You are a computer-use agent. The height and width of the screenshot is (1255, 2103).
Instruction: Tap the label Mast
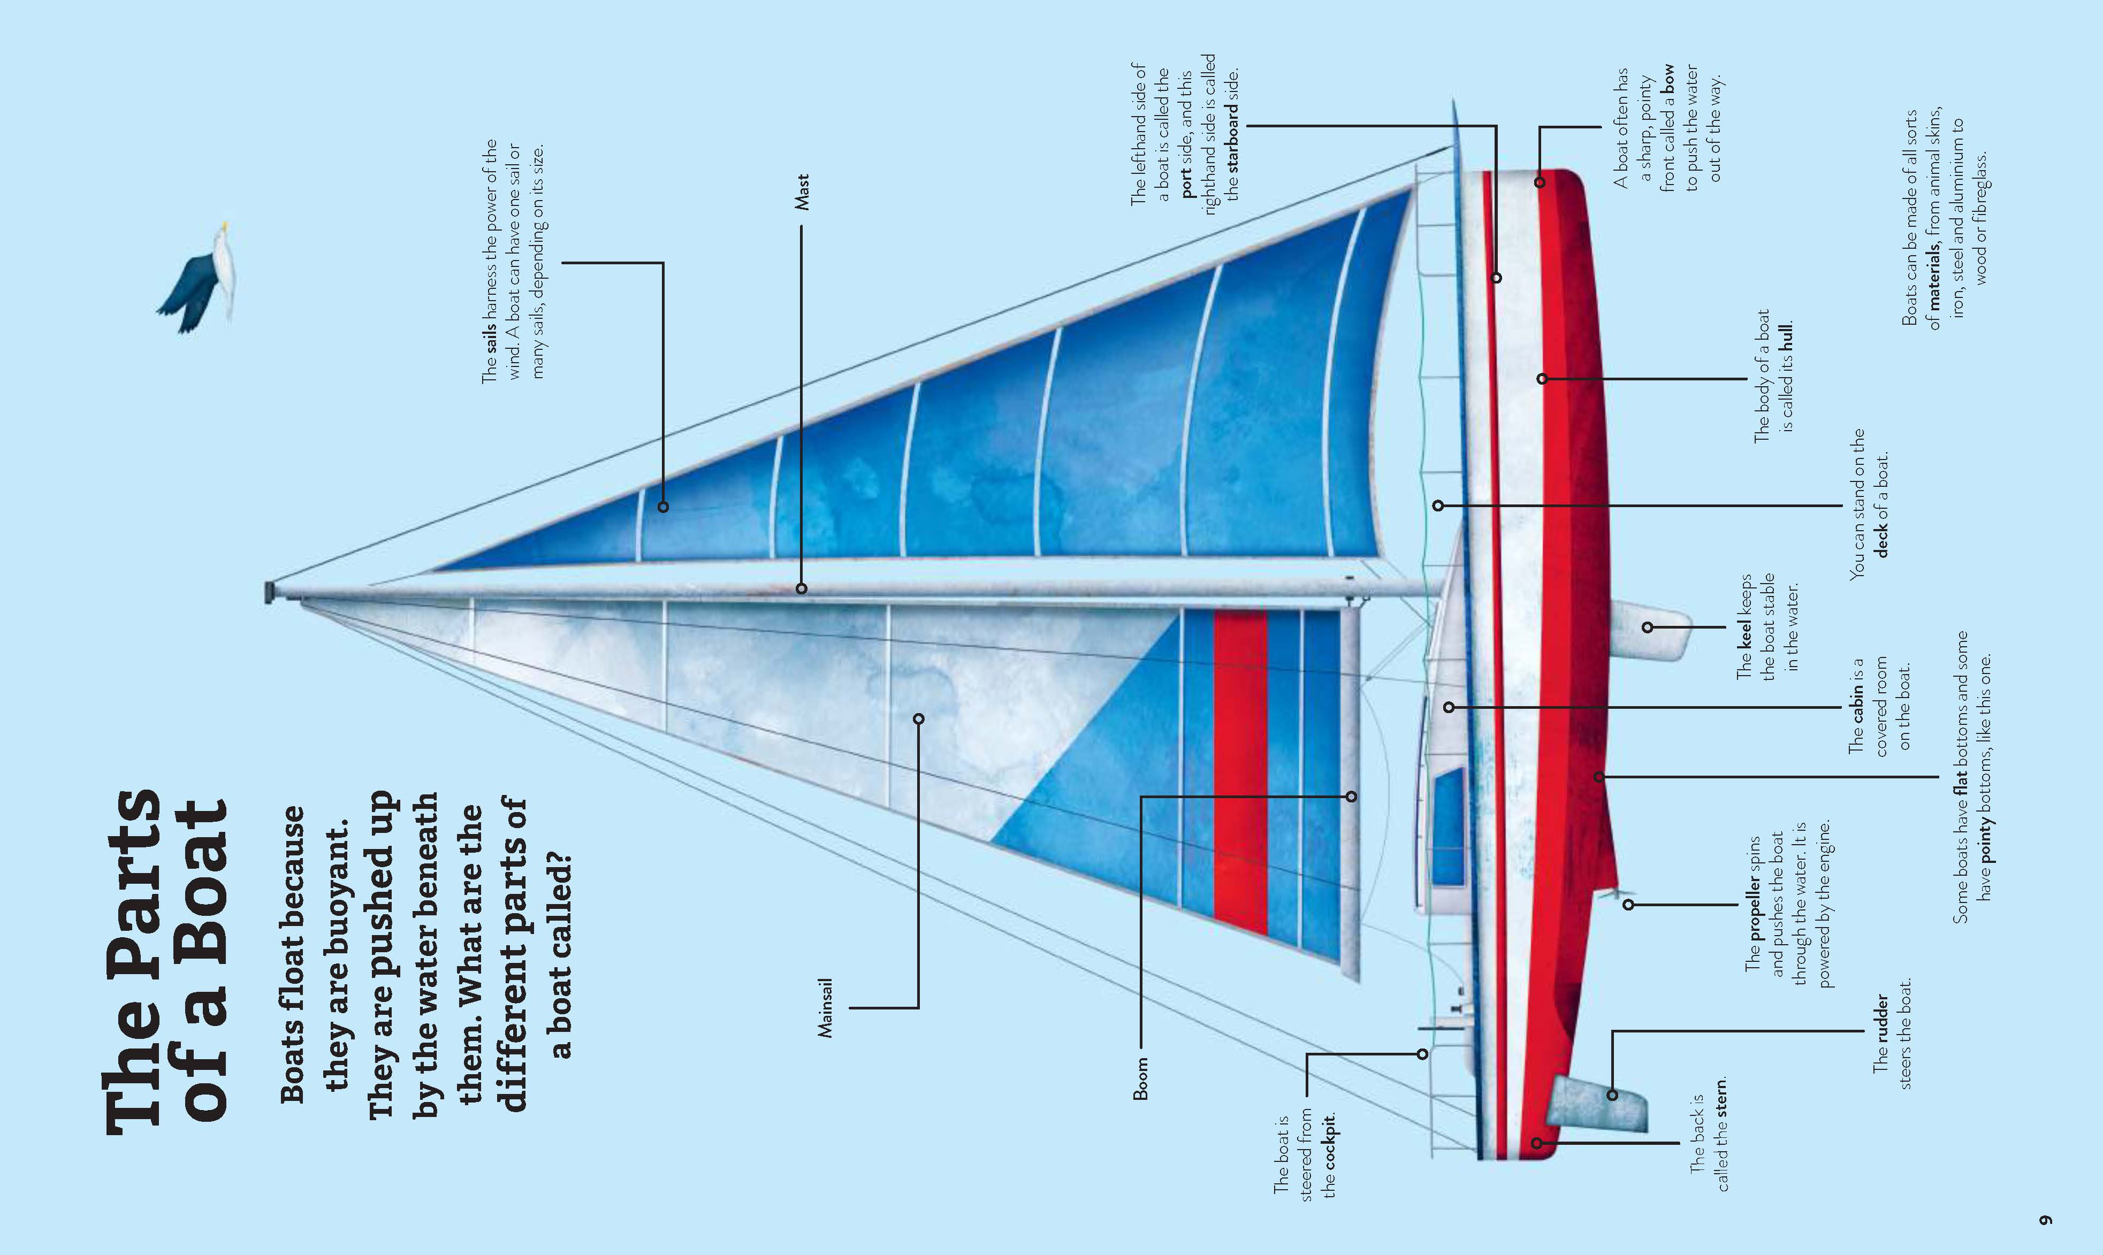pyautogui.click(x=801, y=192)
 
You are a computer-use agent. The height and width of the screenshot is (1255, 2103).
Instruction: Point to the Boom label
pyautogui.click(x=1140, y=1078)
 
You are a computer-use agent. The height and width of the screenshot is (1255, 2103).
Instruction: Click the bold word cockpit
pyautogui.click(x=1330, y=1143)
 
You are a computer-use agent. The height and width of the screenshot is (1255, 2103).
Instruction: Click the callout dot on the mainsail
pyautogui.click(x=919, y=719)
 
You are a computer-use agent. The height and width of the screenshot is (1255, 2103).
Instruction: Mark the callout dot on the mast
pyautogui.click(x=801, y=588)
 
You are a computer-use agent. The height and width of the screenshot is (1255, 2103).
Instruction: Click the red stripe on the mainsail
pyautogui.click(x=1240, y=770)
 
